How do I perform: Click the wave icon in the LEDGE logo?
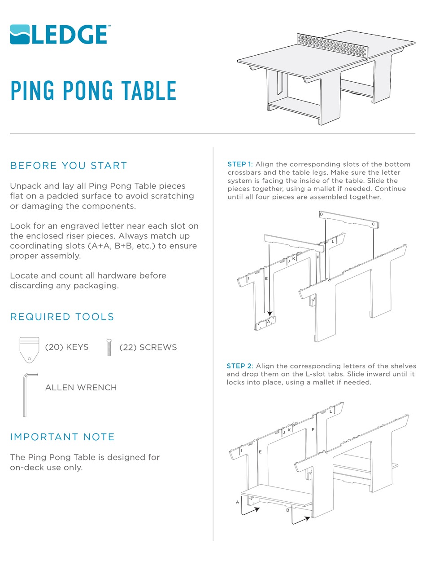20,35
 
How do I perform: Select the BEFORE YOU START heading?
69,166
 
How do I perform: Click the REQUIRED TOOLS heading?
62,317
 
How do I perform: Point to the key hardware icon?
29,349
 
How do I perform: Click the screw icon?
109,347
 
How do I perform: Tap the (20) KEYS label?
67,347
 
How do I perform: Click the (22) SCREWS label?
148,347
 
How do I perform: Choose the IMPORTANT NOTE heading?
62,437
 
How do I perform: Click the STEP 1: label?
240,164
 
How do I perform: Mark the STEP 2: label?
240,366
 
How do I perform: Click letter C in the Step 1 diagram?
373,224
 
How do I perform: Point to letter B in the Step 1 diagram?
321,214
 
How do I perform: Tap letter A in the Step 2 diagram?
237,502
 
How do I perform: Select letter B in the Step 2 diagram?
287,510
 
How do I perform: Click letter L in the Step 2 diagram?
330,411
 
